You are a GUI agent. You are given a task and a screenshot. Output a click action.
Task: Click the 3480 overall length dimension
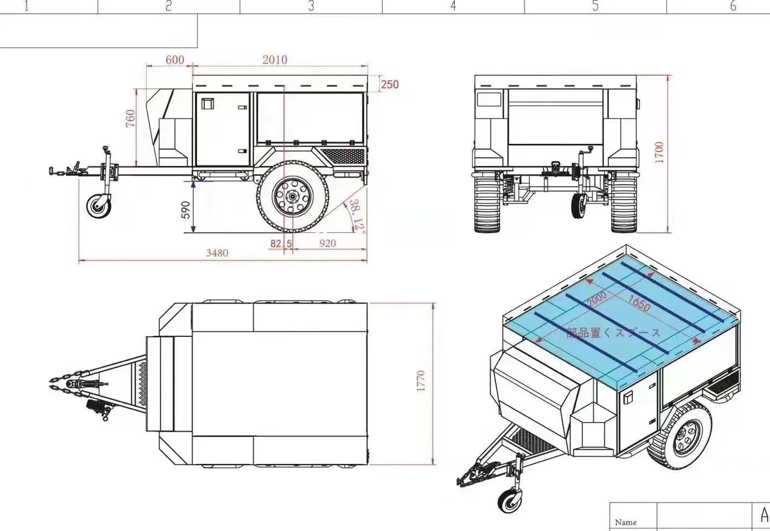(217, 253)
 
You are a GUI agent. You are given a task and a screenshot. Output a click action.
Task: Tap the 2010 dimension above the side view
(275, 60)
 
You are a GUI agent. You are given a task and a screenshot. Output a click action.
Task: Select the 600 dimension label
(174, 60)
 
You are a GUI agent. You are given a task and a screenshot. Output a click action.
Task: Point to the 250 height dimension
(390, 85)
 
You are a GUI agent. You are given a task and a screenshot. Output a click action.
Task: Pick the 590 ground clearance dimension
(185, 210)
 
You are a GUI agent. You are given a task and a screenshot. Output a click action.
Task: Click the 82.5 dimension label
(281, 243)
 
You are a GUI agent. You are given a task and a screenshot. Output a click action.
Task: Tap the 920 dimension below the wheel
(327, 243)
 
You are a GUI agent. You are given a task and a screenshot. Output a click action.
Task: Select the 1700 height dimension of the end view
(659, 152)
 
